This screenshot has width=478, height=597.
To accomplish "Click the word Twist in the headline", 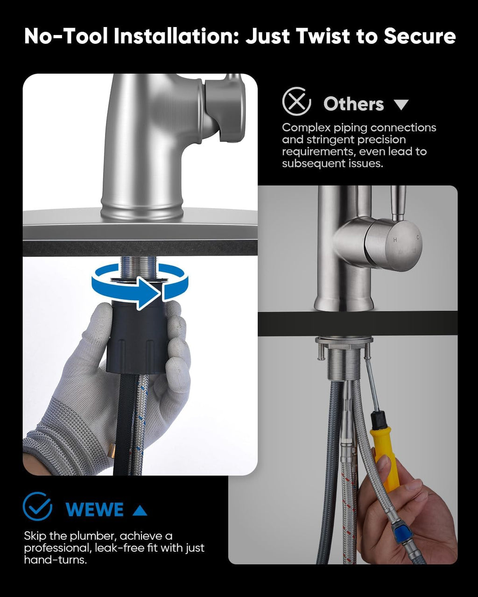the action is click(x=323, y=36).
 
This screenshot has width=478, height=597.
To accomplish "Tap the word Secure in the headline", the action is click(x=420, y=36).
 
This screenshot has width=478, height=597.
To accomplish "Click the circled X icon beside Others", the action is click(x=296, y=102).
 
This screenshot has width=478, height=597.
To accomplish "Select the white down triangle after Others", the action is click(x=401, y=105).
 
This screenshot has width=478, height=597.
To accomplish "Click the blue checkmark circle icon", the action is click(x=38, y=507).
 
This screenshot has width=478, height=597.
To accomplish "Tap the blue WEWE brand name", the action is click(x=94, y=509).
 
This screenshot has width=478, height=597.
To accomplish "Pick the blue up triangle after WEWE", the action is click(x=140, y=510).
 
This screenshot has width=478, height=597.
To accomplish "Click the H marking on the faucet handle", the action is click(x=395, y=239).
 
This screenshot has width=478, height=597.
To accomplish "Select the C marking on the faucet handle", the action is click(x=417, y=237).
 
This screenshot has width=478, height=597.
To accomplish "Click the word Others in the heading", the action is click(x=353, y=104).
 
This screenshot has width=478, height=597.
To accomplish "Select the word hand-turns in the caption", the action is click(x=55, y=560).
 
